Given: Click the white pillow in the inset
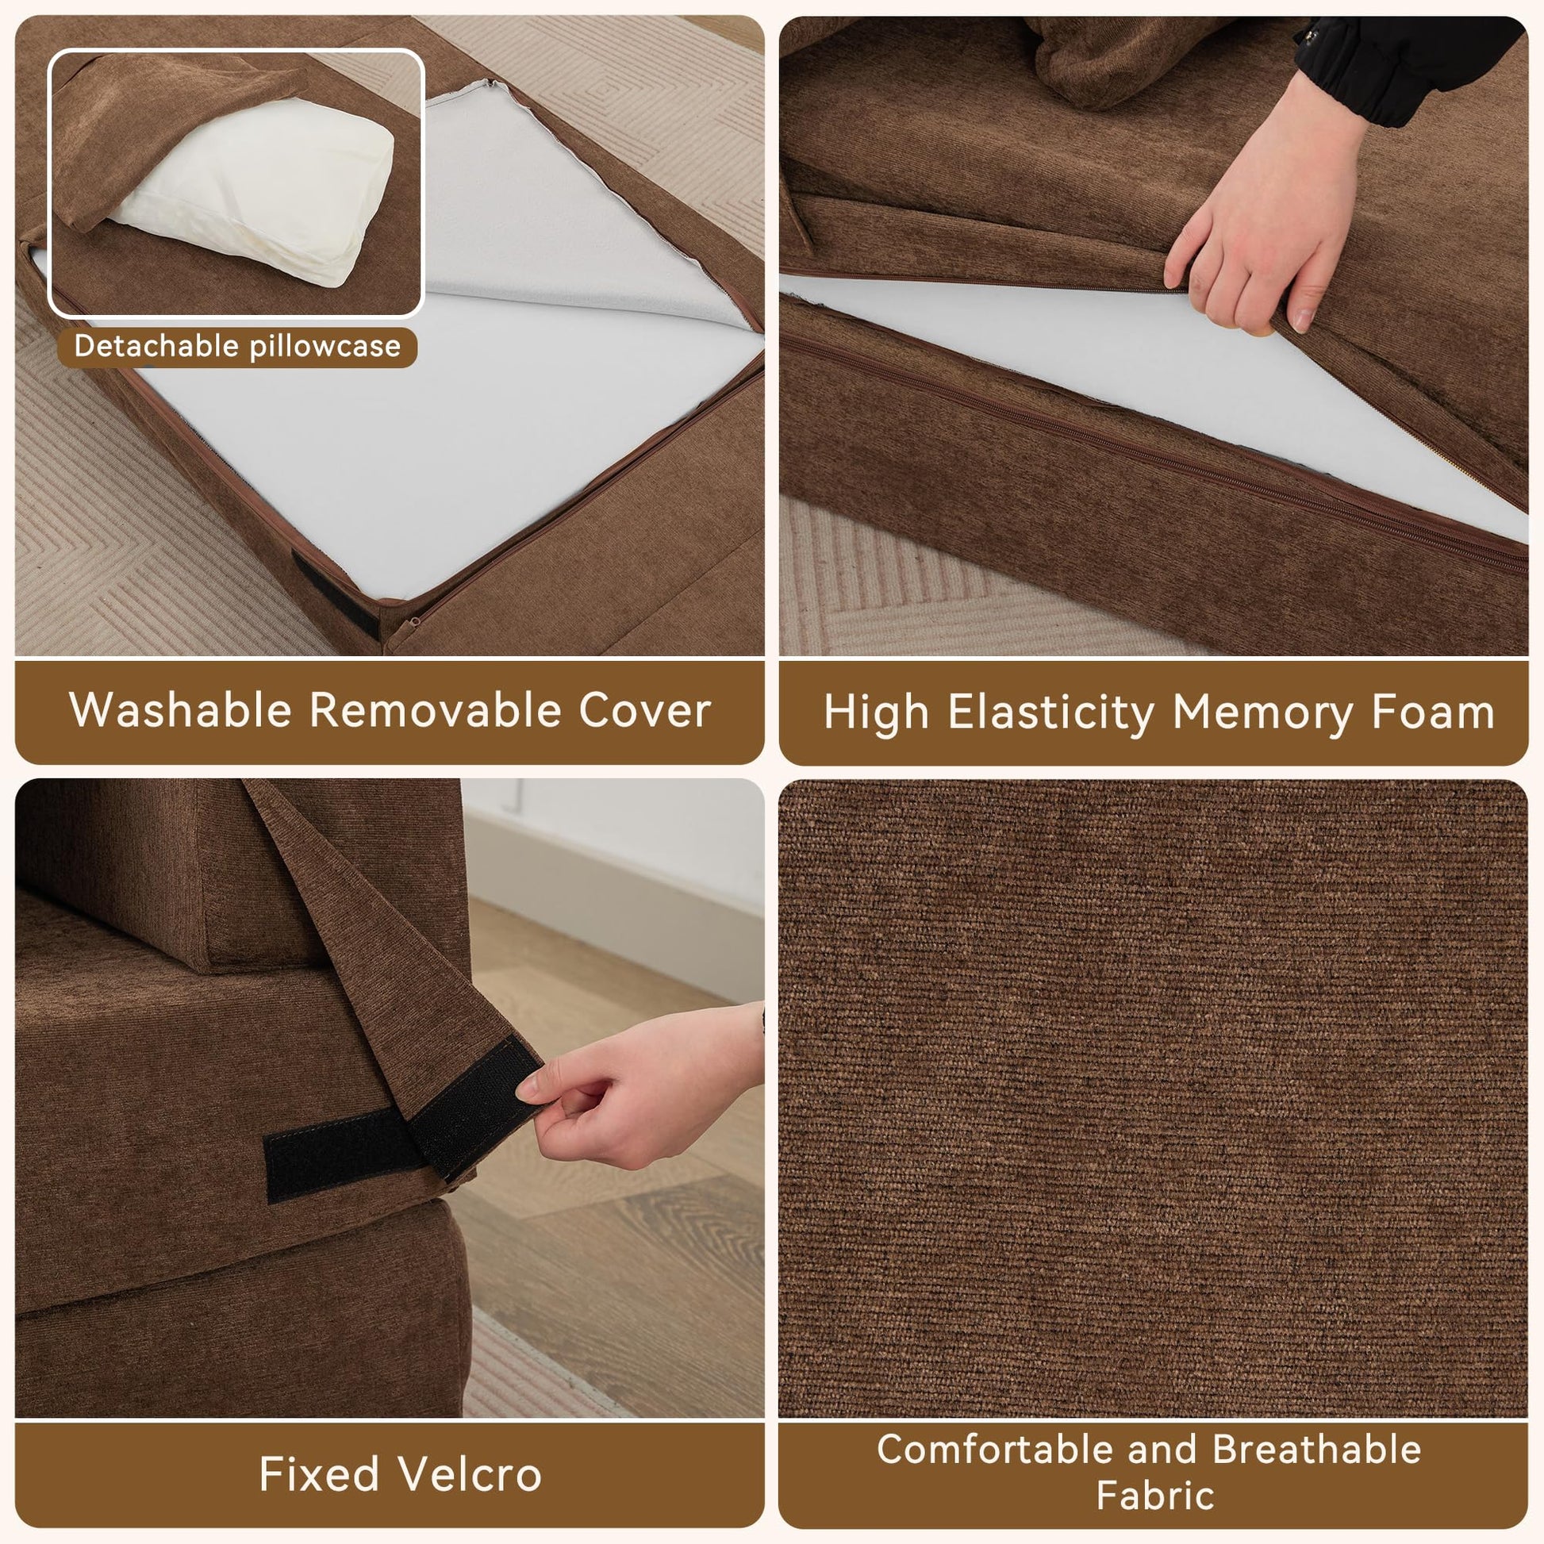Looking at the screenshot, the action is [255, 188].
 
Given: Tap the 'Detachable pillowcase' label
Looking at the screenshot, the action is [237, 347].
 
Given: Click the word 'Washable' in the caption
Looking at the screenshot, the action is [181, 709].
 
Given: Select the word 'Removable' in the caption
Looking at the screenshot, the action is [436, 709].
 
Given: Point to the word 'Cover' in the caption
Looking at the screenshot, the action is [645, 710].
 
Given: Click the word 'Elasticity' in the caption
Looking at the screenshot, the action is [1051, 712].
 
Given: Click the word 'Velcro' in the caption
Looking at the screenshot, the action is [470, 1474].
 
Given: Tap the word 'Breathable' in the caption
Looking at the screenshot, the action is [1317, 1449].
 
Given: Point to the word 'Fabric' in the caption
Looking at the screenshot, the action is [1154, 1496].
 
